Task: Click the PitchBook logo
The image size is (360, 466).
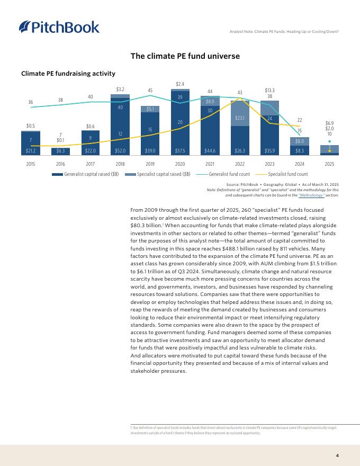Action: [x=59, y=27]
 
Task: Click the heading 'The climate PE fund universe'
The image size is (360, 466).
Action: [x=186, y=56]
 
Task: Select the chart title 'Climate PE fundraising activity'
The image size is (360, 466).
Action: [x=68, y=73]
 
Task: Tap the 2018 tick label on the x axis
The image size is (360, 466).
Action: [x=121, y=164]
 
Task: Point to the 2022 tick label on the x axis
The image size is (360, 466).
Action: [x=240, y=164]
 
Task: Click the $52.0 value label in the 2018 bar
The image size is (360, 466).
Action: [x=121, y=150]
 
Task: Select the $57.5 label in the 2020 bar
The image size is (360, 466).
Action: [x=181, y=150]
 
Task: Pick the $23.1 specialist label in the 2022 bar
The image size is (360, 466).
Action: [x=240, y=112]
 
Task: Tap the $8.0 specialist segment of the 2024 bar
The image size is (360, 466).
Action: [x=300, y=141]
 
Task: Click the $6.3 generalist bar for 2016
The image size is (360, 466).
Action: [x=60, y=150]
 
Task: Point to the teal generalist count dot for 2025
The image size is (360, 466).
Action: [x=330, y=141]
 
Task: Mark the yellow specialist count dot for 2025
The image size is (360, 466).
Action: [x=330, y=151]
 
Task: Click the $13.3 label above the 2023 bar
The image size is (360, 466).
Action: [x=270, y=90]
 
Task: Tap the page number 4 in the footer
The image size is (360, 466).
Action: [x=337, y=455]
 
